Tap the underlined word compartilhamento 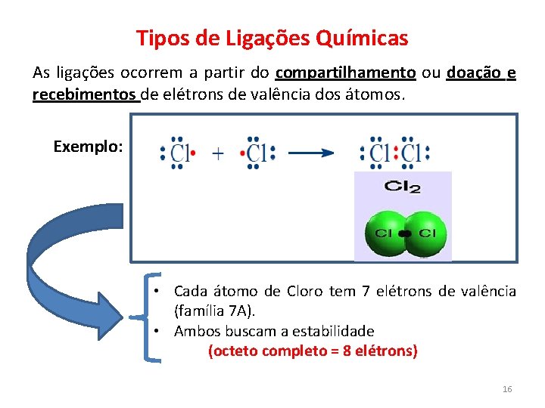[346, 73]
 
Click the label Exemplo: [88, 147]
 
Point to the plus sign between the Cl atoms [217, 153]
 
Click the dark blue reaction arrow [311, 153]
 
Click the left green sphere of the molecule [385, 233]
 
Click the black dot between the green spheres [405, 233]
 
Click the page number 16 [507, 389]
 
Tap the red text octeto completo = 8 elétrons [313, 351]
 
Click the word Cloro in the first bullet [304, 291]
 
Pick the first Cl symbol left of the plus [179, 154]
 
